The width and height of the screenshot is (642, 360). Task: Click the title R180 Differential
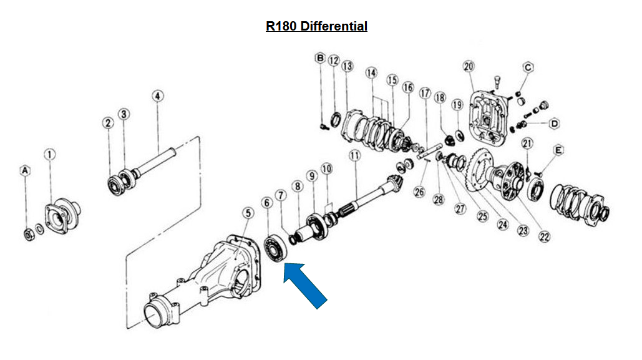click(316, 26)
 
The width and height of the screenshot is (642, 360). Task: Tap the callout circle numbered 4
click(157, 96)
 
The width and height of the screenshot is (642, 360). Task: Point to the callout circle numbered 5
click(248, 213)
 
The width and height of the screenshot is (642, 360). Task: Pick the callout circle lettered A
click(26, 170)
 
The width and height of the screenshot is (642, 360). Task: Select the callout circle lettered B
click(320, 59)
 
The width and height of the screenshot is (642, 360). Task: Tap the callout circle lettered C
click(528, 67)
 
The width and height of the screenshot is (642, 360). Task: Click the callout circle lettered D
click(554, 124)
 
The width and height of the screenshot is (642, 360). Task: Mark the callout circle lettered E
click(558, 150)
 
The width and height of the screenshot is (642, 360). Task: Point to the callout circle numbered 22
click(545, 236)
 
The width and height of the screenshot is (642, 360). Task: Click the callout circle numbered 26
click(419, 192)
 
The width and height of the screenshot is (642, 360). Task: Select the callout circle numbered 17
click(425, 93)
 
